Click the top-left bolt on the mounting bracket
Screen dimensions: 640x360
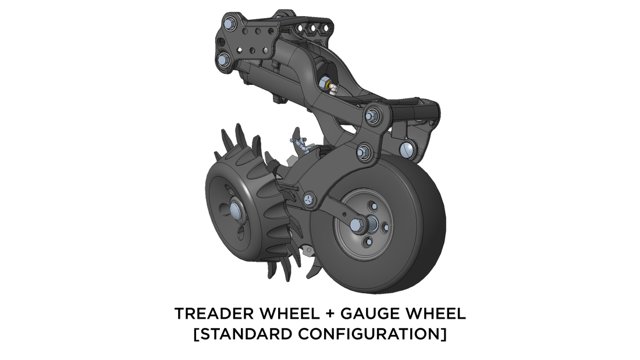[x=229, y=23]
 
